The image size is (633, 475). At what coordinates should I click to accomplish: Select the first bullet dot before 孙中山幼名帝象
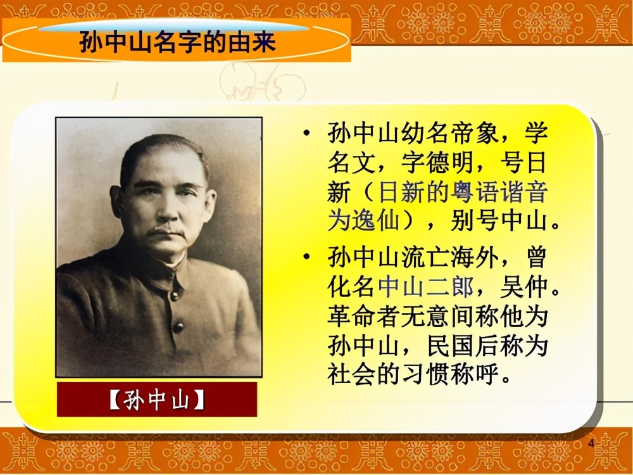pos(307,134)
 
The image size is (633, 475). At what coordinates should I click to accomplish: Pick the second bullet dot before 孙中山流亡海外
pos(307,258)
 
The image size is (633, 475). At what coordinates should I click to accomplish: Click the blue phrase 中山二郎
pos(425,288)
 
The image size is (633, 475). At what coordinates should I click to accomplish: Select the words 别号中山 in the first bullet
pos(493,222)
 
